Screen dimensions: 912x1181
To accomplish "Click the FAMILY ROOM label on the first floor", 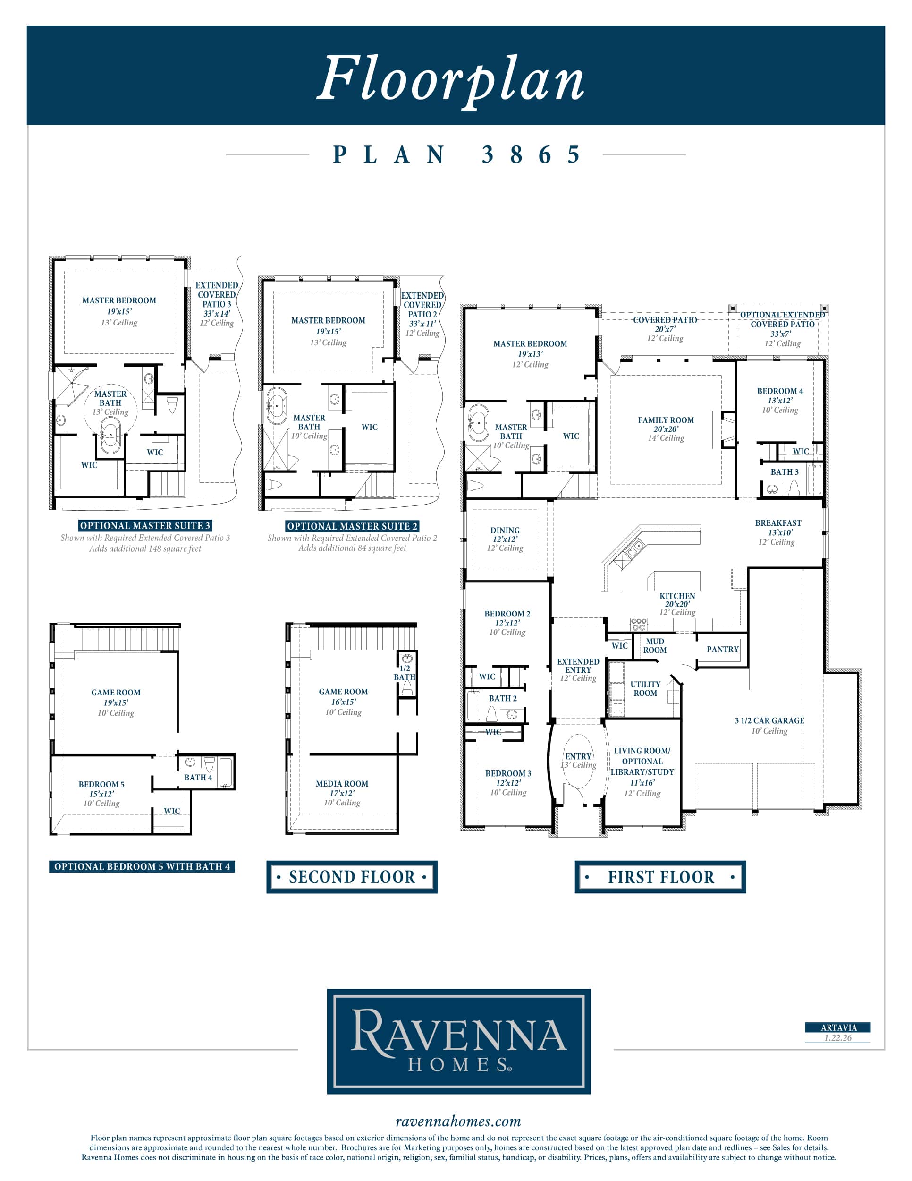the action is click(x=666, y=420).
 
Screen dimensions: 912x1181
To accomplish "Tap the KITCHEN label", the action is click(x=677, y=596).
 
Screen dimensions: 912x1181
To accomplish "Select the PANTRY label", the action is click(x=722, y=649).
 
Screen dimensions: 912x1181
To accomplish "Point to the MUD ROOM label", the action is click(x=655, y=646).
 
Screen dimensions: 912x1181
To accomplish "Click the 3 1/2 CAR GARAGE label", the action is click(x=769, y=720).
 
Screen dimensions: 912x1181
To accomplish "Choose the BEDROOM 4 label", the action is click(x=780, y=391).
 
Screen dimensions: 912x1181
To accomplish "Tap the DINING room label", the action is click(x=505, y=531).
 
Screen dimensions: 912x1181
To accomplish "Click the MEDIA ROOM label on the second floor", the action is click(x=342, y=784).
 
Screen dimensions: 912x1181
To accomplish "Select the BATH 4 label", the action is click(x=198, y=777).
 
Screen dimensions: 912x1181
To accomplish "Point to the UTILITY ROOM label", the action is click(x=645, y=688).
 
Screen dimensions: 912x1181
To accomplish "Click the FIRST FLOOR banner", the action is click(x=660, y=877).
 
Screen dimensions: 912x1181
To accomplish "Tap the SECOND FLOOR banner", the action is click(x=352, y=877).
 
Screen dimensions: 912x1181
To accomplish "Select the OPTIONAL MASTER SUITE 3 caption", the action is click(x=145, y=526).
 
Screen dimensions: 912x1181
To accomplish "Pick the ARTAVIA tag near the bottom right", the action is click(x=838, y=1027).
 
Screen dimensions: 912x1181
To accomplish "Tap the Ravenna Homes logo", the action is click(x=459, y=1041).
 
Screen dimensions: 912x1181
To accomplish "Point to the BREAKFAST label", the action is click(x=778, y=523).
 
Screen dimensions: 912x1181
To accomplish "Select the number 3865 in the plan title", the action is click(x=531, y=154).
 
